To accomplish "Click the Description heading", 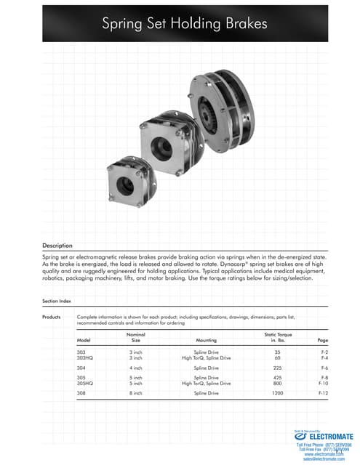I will tap(57, 246).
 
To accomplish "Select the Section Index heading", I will tap(57, 300).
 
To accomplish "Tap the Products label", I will tap(53, 316).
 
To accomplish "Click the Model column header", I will tap(84, 339).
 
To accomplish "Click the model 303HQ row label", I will tap(87, 357).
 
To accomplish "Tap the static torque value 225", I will tap(277, 368).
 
